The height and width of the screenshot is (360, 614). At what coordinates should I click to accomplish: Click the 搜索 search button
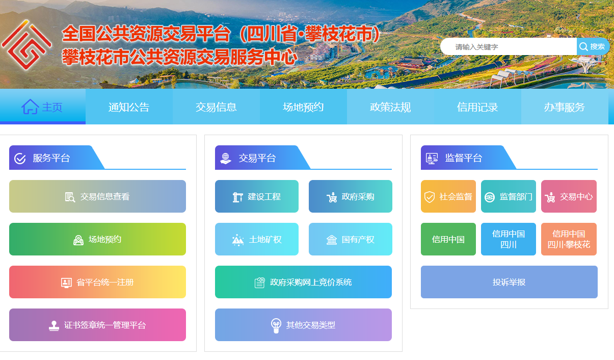tap(593, 46)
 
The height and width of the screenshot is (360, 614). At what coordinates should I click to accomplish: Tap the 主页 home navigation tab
tap(42, 107)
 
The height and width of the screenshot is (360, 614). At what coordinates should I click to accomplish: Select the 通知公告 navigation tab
tap(129, 107)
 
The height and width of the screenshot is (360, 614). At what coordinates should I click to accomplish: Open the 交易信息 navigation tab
tap(216, 107)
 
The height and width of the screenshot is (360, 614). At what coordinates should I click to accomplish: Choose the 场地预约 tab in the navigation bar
tap(303, 107)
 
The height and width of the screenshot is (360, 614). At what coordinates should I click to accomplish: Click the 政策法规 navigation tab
tap(390, 107)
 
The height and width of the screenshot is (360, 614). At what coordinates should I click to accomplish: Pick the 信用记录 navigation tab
tap(477, 107)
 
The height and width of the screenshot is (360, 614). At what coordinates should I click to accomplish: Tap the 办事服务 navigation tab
tap(564, 107)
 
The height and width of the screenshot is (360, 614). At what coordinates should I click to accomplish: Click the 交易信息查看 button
tap(97, 196)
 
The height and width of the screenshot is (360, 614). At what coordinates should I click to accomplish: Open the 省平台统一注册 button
tap(97, 282)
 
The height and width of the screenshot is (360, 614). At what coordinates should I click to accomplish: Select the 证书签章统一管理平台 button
tap(97, 325)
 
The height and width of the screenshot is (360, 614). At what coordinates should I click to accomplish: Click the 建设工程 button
tap(257, 196)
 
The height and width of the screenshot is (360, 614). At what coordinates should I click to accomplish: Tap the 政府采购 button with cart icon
tap(351, 196)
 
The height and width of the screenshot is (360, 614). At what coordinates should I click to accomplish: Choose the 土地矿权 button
tap(257, 239)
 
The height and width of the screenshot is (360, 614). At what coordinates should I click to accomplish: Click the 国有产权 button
tap(351, 239)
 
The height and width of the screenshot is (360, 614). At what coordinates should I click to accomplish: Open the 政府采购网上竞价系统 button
tap(303, 282)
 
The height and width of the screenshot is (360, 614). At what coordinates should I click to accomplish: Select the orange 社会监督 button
tap(448, 196)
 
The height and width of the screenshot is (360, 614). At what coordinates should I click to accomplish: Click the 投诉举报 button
tap(509, 282)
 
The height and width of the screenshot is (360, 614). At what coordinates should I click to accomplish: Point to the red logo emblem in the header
tap(26, 47)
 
